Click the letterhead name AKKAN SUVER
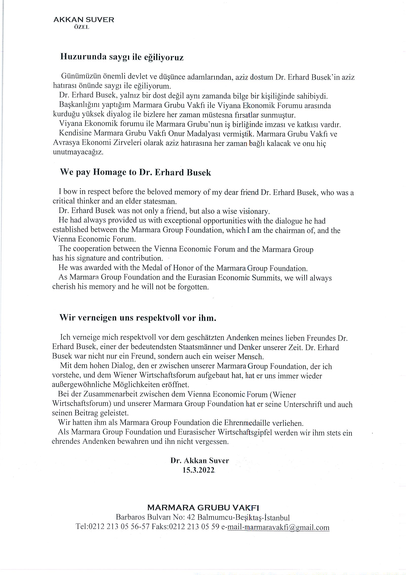click(x=84, y=20)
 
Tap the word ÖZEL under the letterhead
click(x=82, y=27)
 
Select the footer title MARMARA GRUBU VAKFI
click(x=203, y=508)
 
